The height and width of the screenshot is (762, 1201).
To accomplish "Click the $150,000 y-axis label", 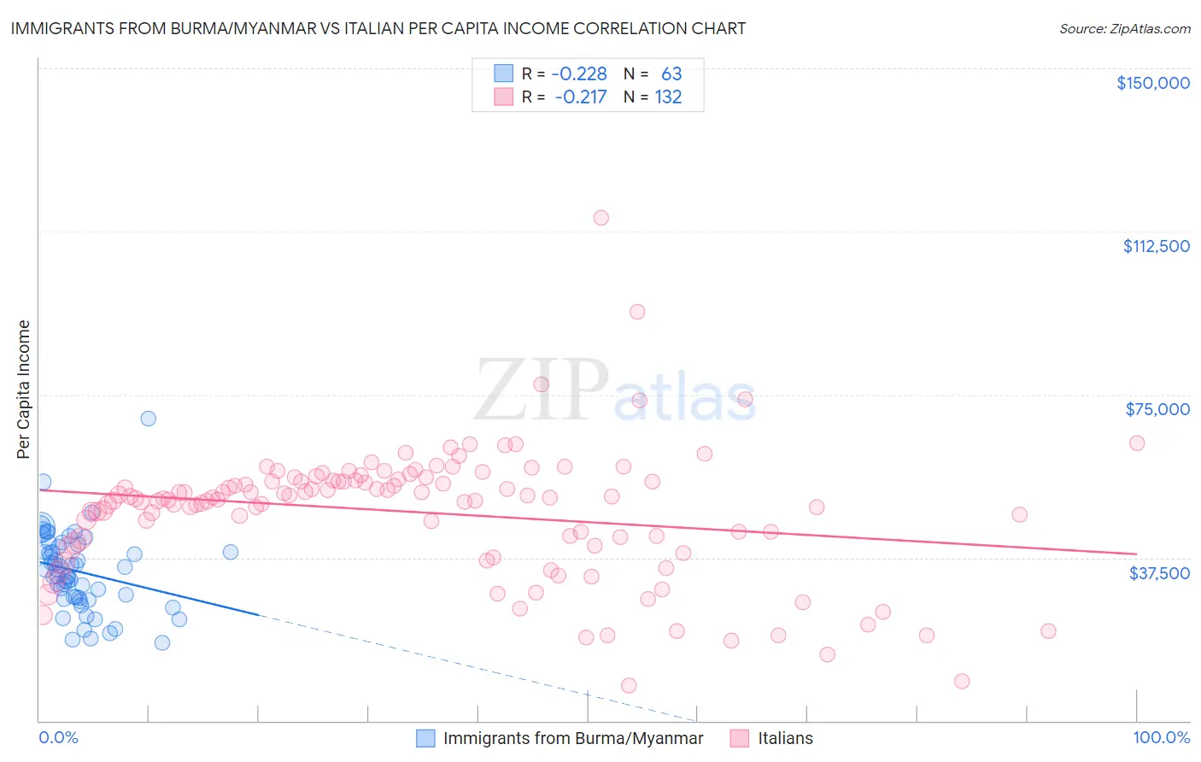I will (1152, 83).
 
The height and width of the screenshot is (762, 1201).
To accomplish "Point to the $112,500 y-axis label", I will (1156, 246).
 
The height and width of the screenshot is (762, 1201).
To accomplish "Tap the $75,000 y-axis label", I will (1157, 409).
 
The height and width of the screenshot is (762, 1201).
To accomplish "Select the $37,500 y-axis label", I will (1158, 572).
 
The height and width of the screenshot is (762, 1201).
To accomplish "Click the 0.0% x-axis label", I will (58, 737).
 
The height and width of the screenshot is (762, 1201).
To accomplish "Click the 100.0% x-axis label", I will (1161, 737).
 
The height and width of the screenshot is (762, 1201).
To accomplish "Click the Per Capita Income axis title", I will (24, 389).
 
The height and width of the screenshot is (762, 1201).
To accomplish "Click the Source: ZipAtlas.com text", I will (1124, 28).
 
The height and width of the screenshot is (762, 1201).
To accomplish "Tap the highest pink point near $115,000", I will (601, 218).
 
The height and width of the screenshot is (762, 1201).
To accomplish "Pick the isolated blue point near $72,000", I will (149, 419).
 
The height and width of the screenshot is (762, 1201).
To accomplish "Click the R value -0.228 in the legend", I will (579, 74).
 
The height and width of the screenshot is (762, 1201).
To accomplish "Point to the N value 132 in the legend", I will (668, 97).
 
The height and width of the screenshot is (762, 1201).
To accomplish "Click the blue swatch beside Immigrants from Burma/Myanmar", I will (425, 738).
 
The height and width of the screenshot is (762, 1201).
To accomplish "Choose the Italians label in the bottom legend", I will (785, 738).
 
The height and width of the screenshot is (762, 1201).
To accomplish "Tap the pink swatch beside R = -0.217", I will (504, 97).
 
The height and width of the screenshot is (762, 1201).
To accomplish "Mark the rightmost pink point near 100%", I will (1137, 443).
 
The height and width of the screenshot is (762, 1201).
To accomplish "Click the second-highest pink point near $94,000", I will (637, 312).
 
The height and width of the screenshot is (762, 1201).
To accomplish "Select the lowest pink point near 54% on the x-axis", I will (629, 685).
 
